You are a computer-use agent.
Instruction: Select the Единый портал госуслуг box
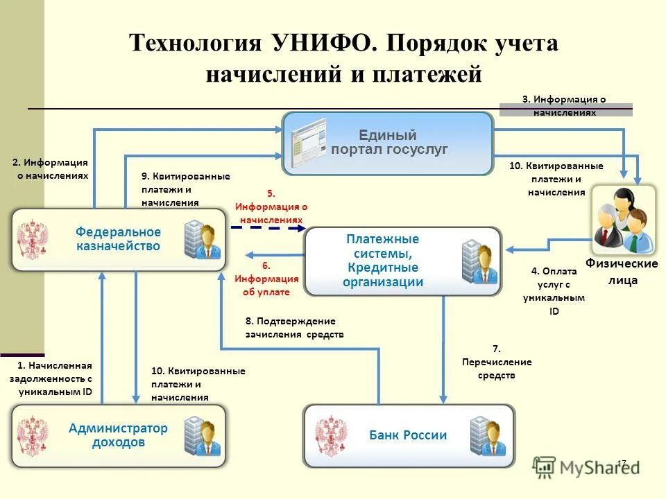387,143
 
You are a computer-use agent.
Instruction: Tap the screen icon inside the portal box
309,142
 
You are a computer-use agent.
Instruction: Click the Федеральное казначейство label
118,239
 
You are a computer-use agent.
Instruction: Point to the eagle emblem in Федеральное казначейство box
33,240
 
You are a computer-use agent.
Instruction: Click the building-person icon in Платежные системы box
479,262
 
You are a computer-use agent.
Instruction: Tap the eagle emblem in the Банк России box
331,436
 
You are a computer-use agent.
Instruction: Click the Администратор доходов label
118,435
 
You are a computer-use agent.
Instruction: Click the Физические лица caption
622,272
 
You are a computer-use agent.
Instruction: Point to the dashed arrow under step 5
268,227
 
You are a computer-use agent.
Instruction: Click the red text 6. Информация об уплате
266,279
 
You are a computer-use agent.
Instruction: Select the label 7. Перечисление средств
497,362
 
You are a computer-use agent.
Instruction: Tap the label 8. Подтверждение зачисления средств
294,328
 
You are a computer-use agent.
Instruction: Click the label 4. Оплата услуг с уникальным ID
554,292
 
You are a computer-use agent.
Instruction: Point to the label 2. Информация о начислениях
51,168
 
